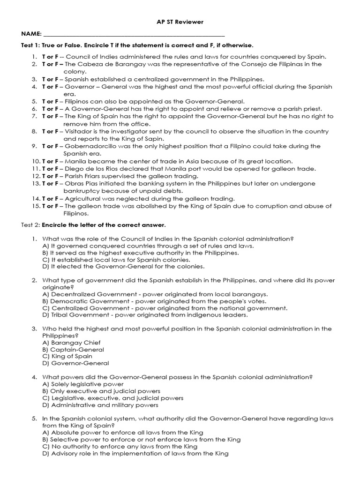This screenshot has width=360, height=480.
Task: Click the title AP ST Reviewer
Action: (180, 22)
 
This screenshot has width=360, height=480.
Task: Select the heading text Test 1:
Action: (30, 45)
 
